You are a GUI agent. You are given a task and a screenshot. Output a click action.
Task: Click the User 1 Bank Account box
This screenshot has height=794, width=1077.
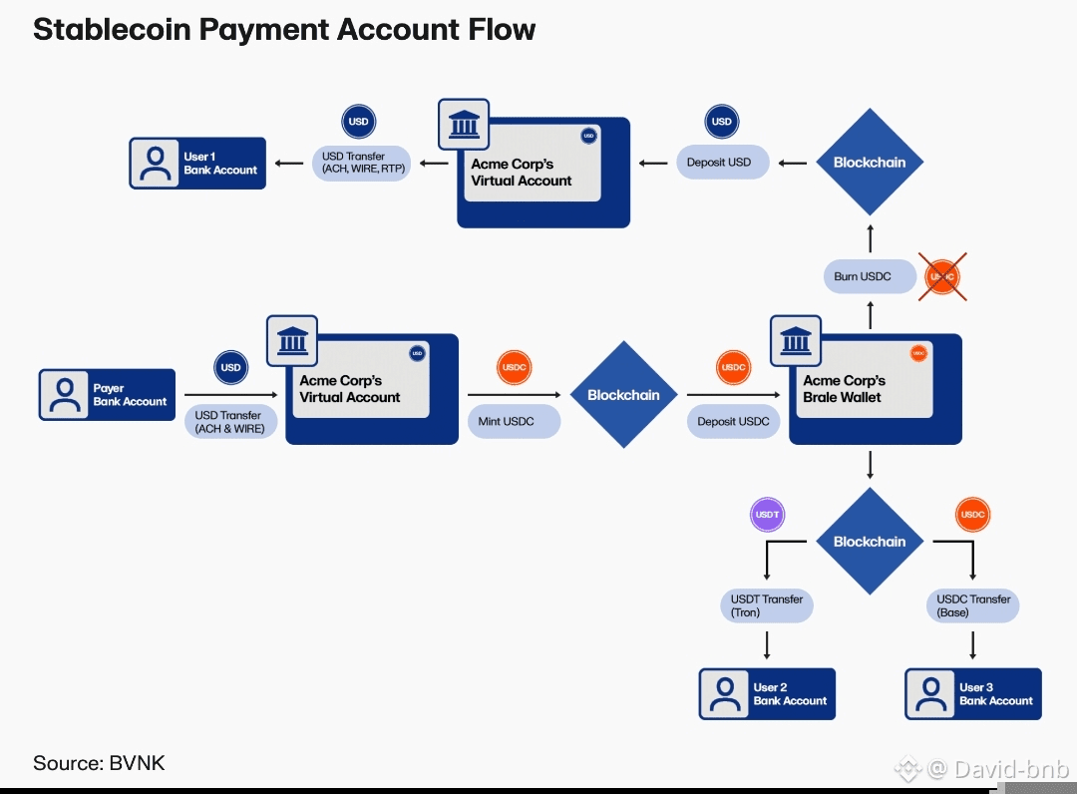[x=197, y=163]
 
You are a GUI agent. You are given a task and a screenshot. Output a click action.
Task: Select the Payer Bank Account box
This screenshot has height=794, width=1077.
[x=107, y=395]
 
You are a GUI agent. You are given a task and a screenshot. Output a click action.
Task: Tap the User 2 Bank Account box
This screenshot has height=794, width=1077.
[x=767, y=694]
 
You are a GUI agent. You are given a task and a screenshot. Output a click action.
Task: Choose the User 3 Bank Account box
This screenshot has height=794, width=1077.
[x=973, y=694]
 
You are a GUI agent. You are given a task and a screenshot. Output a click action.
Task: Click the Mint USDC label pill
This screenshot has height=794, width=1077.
[x=514, y=421]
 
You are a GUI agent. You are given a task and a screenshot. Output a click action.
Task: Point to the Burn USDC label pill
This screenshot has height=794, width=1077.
[x=870, y=276]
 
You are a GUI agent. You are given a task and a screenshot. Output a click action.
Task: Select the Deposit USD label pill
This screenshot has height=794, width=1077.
[x=722, y=162]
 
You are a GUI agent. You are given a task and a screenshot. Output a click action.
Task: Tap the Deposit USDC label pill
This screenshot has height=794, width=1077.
[x=733, y=421]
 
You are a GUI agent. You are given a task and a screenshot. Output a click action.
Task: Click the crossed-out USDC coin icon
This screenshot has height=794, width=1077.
[x=942, y=276]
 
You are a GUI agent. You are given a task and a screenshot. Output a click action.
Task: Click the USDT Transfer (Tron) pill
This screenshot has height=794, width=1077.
[x=766, y=605]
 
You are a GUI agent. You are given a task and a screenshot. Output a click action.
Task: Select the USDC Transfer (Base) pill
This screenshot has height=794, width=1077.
[x=972, y=605]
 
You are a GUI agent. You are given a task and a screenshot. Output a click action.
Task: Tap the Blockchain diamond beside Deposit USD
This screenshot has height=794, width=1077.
[x=870, y=162]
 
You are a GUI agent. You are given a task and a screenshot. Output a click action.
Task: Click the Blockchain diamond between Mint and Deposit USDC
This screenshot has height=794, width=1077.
[x=623, y=395]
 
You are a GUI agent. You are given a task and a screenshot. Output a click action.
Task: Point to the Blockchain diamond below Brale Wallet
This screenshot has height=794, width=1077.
[x=870, y=542]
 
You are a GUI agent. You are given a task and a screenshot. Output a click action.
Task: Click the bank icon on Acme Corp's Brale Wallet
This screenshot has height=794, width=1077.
[x=796, y=340]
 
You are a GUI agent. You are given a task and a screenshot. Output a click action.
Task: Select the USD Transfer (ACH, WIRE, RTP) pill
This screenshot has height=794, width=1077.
[x=364, y=163]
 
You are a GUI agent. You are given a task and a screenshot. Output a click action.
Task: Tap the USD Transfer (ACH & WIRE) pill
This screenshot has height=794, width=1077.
[x=230, y=421]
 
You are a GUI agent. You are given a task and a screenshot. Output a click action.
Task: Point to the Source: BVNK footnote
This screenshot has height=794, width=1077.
[x=99, y=763]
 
